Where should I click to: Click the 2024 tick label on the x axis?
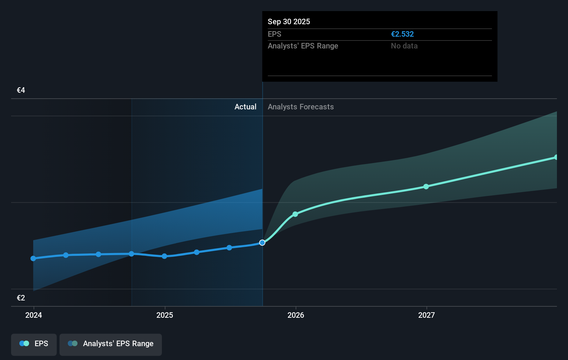tap(34, 315)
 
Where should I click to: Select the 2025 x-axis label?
tap(165, 315)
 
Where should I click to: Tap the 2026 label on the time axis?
tap(296, 315)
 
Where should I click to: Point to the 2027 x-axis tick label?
tap(427, 315)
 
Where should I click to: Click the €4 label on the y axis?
tap(21, 90)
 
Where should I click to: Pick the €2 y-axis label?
tap(21, 298)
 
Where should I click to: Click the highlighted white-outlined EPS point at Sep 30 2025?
tap(262, 243)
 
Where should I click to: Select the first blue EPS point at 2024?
tap(33, 259)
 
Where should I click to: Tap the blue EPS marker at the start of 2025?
tap(165, 256)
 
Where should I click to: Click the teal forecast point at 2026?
tap(295, 214)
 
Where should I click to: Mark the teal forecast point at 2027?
tap(426, 187)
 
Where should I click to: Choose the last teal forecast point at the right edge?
tap(556, 157)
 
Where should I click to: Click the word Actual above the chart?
tap(245, 107)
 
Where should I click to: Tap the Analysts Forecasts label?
tap(301, 107)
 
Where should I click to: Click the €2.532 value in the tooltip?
tap(402, 34)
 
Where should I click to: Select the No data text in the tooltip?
tap(404, 46)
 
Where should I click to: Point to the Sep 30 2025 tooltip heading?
tap(289, 22)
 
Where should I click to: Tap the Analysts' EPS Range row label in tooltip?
tap(303, 46)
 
